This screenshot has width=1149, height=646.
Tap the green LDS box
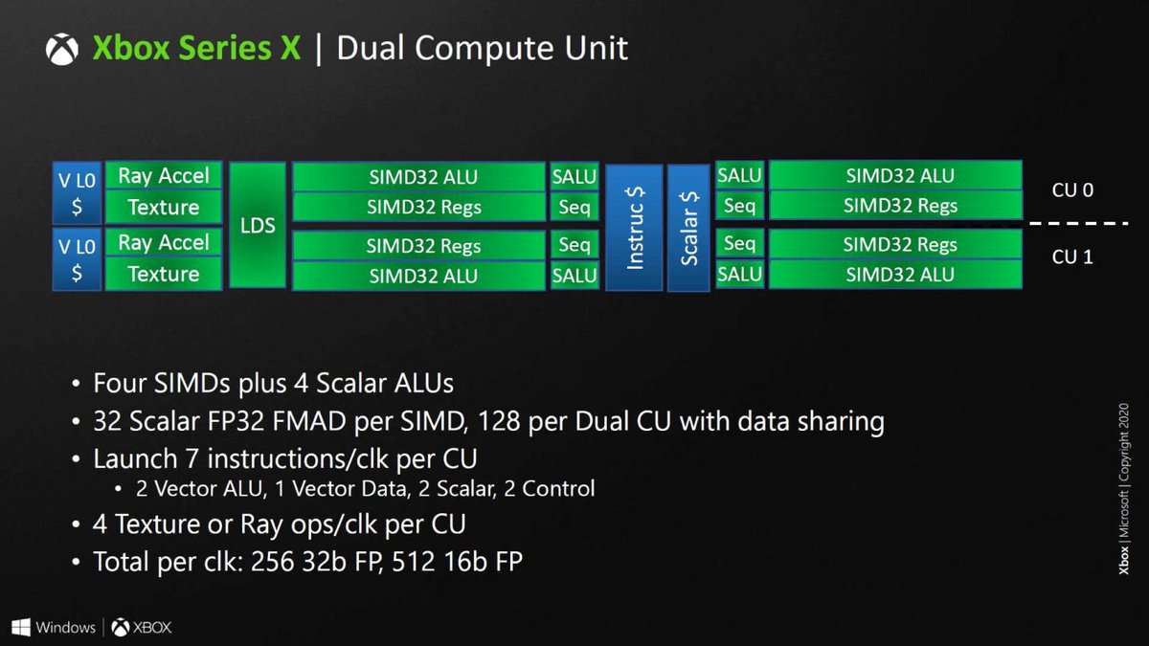coord(258,226)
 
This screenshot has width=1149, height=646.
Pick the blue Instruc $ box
coord(633,226)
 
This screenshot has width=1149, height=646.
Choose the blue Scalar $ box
coord(688,226)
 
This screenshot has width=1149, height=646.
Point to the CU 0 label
coord(1072,190)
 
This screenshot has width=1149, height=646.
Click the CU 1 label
coord(1072,257)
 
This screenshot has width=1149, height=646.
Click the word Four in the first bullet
coord(122,384)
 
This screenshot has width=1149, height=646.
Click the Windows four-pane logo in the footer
coord(21,628)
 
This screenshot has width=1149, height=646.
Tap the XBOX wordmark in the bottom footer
coord(151,629)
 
